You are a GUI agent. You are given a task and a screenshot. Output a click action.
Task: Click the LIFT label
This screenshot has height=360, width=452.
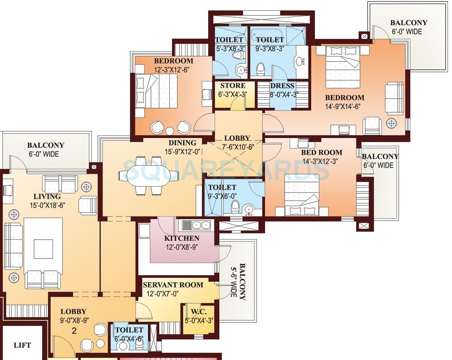[x=22, y=345]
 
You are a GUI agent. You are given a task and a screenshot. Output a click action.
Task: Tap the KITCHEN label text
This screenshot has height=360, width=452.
[x=181, y=238]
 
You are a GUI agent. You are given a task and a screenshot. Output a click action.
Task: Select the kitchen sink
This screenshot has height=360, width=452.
[x=196, y=225]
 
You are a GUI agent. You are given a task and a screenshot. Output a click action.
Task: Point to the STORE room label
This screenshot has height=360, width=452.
[x=233, y=86]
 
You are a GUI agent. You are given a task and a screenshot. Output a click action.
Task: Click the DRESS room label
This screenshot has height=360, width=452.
[x=282, y=86]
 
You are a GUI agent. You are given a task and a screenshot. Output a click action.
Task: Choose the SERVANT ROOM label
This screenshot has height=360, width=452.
[x=173, y=285]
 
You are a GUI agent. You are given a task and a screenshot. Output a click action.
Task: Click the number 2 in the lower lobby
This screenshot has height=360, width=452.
[x=74, y=331]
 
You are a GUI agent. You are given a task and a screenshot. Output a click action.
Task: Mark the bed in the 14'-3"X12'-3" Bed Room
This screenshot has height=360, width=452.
[x=302, y=195]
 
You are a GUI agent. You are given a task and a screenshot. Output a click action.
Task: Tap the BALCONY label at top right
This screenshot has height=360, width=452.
[x=409, y=23]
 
